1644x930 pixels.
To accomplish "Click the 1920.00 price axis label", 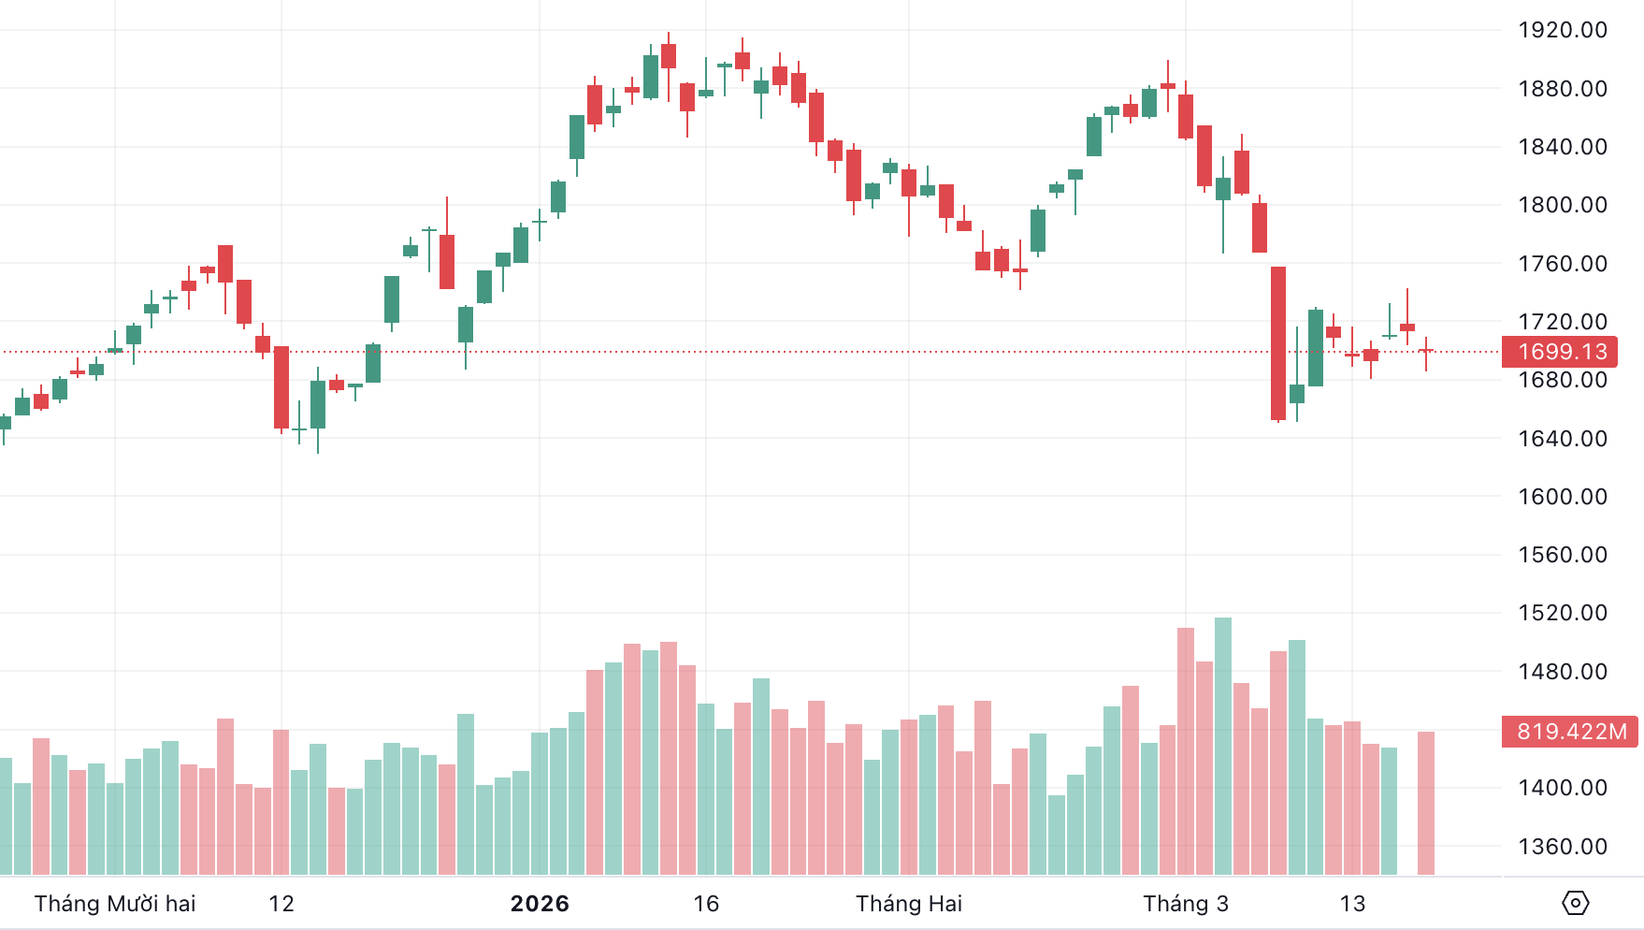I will click(x=1562, y=30).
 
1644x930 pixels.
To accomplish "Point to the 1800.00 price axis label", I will click(x=1562, y=205).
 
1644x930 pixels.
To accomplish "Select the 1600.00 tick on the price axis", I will click(x=1562, y=497).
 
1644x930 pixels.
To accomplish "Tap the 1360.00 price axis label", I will click(x=1562, y=847).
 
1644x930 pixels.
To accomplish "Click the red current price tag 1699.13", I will click(x=1561, y=352).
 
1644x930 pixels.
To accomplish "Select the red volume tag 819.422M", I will click(x=1570, y=732).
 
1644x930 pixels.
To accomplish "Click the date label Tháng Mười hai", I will click(x=115, y=904).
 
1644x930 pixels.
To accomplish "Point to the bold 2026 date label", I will click(x=540, y=904).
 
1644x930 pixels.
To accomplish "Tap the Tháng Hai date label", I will click(x=908, y=904).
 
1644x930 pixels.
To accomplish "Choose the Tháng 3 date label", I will click(x=1185, y=904).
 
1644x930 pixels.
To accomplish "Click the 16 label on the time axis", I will click(x=706, y=904).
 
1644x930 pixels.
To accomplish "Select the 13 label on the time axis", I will click(x=1352, y=904).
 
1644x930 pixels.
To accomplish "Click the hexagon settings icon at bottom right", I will click(x=1575, y=903).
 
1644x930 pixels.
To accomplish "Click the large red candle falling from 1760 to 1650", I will click(x=1278, y=343).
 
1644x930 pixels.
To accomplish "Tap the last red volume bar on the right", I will click(x=1426, y=803).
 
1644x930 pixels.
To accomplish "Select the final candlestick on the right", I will click(x=1426, y=351).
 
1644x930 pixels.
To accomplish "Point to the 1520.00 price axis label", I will click(x=1562, y=613).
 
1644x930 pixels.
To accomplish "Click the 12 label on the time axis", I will click(x=281, y=904).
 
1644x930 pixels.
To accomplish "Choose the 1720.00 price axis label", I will click(x=1562, y=322).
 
